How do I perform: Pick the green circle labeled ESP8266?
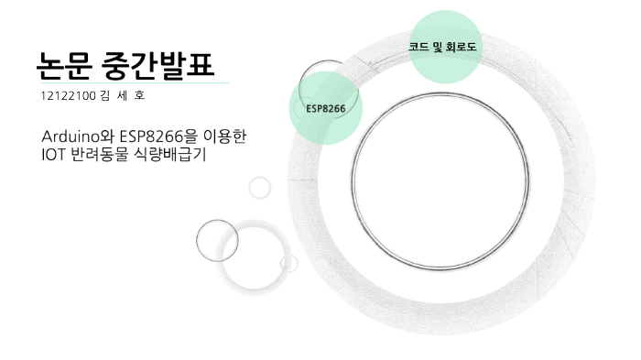click(325, 109)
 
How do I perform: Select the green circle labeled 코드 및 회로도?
click(443, 46)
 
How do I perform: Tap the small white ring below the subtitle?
click(260, 187)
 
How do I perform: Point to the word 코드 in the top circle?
click(420, 46)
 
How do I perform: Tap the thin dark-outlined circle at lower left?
click(217, 240)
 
